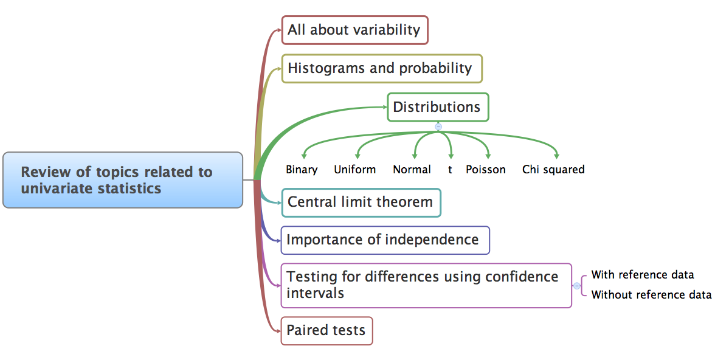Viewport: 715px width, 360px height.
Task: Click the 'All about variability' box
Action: tap(355, 30)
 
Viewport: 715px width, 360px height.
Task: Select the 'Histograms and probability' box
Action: tap(382, 69)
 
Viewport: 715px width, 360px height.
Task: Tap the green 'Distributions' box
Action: tap(438, 107)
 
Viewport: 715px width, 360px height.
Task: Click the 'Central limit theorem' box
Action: tap(361, 202)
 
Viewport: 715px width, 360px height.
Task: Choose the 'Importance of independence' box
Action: tap(385, 240)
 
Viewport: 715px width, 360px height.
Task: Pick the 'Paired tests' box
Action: tap(326, 331)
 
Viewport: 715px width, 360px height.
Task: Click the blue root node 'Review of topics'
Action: tap(123, 180)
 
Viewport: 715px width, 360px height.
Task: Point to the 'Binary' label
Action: tap(302, 170)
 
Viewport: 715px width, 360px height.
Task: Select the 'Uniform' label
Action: tap(355, 170)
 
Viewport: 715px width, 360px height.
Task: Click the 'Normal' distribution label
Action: tap(412, 170)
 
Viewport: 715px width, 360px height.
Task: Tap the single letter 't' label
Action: tap(450, 170)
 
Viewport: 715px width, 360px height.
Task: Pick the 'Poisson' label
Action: tap(486, 170)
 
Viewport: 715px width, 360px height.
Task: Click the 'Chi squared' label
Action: tap(553, 170)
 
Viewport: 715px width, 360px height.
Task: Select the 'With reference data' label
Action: tap(643, 275)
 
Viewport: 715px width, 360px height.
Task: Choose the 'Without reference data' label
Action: tap(651, 295)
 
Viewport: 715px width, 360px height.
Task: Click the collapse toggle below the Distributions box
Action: tap(438, 127)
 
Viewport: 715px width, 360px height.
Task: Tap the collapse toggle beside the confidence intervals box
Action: tap(577, 286)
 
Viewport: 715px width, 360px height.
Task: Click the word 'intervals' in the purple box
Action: tap(315, 293)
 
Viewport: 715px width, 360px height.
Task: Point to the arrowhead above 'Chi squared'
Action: tap(556, 156)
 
